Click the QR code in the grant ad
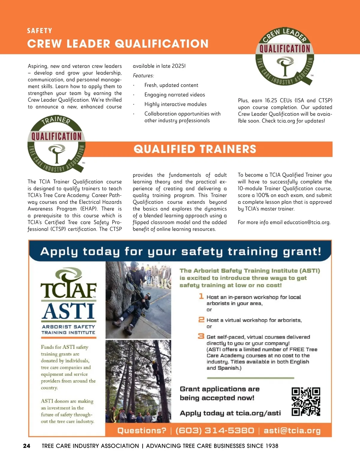[306, 401]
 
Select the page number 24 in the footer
[27, 446]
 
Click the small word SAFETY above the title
[40, 31]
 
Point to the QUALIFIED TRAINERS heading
[195, 149]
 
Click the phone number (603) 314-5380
[214, 431]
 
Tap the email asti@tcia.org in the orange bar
[292, 431]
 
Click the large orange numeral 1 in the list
[201, 296]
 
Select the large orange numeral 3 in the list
[201, 336]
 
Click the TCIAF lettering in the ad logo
[69, 290]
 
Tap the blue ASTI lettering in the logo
[68, 311]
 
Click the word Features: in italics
[143, 76]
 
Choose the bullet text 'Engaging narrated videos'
[175, 95]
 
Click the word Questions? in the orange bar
[142, 431]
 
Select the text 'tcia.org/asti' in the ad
[258, 413]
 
